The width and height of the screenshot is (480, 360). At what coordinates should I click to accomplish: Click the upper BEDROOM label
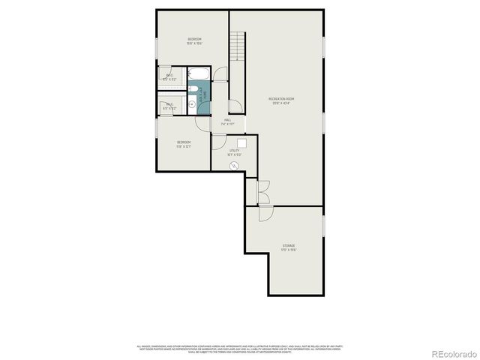coord(194,40)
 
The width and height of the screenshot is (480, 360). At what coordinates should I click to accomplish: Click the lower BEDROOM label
coord(184,143)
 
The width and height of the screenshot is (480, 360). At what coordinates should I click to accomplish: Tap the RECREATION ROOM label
coord(281,100)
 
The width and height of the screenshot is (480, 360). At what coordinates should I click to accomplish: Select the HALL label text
coord(227,121)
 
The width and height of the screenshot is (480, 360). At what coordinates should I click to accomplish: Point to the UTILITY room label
coord(235,153)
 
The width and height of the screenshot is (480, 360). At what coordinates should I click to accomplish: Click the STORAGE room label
coord(289,247)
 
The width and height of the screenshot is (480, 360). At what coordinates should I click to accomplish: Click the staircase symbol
coord(238,46)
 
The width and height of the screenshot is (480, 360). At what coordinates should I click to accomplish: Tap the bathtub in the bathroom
coord(198,74)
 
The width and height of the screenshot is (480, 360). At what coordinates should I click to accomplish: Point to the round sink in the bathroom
coord(192,104)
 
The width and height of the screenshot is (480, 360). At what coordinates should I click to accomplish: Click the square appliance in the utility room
coord(242,142)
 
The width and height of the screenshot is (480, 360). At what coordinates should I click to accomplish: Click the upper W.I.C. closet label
coord(169,76)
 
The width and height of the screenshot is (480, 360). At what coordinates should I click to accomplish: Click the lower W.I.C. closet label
coord(169,106)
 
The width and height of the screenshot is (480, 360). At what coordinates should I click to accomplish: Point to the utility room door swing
coord(220,142)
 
